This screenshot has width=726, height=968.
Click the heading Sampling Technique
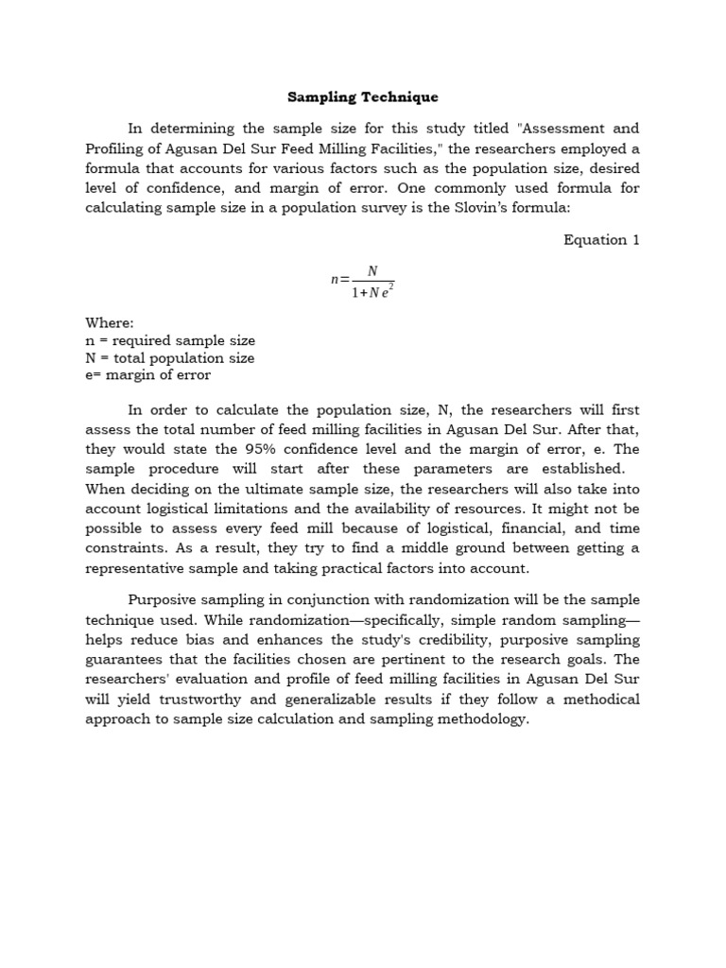[363, 97]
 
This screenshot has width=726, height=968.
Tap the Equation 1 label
[601, 240]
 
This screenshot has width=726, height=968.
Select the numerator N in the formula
[372, 271]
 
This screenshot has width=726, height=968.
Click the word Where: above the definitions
[110, 322]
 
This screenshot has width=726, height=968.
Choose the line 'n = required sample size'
[170, 340]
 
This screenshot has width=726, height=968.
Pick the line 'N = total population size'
[170, 358]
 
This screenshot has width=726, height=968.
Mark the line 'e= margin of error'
[148, 375]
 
